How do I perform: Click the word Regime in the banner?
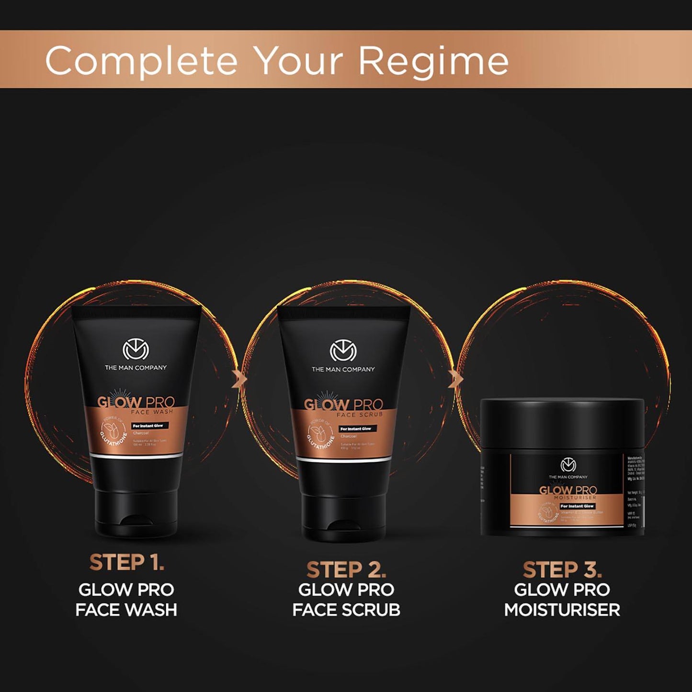(433, 61)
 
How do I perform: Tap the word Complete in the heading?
(141, 61)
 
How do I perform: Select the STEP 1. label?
(127, 562)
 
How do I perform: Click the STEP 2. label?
(346, 570)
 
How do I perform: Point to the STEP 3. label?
(562, 570)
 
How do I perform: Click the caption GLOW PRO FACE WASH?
(126, 600)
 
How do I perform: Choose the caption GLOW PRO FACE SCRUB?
(346, 600)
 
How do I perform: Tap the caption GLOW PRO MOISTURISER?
(562, 600)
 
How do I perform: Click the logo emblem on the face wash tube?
(136, 350)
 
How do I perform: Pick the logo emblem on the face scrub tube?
(343, 352)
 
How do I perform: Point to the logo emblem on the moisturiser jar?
(568, 465)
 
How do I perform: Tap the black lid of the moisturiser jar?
(562, 421)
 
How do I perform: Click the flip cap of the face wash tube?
(136, 512)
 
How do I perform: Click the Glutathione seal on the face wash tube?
(112, 430)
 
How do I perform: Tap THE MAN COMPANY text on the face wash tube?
(136, 368)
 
